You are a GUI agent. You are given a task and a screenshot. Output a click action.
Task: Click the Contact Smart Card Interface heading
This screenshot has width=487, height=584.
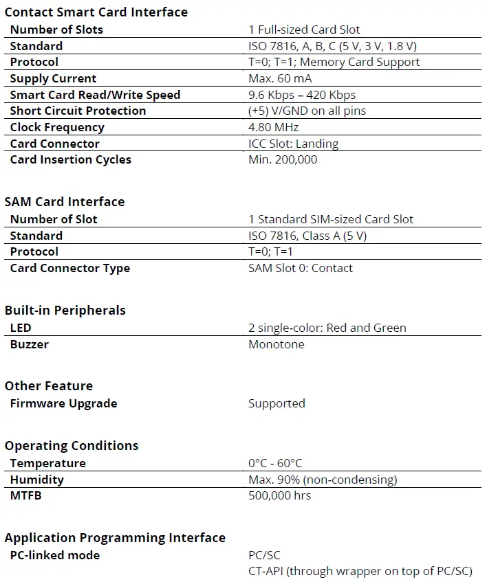click(x=96, y=12)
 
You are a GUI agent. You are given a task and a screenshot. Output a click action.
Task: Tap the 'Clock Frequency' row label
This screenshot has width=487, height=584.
click(x=57, y=127)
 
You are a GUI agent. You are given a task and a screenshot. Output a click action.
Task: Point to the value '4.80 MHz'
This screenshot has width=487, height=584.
click(x=274, y=127)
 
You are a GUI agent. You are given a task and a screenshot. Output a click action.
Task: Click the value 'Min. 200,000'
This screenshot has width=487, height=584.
click(x=283, y=159)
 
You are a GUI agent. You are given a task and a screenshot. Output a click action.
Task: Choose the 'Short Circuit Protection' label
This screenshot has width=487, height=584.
click(x=78, y=111)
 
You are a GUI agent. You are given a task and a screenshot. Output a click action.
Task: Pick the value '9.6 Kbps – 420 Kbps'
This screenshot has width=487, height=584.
click(x=302, y=95)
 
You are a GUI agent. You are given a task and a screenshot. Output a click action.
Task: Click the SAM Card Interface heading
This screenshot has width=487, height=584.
click(x=65, y=201)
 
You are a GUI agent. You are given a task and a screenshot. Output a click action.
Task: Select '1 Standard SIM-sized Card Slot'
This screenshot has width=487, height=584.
click(x=331, y=219)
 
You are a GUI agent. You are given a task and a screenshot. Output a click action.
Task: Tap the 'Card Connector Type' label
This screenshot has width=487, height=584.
click(x=69, y=268)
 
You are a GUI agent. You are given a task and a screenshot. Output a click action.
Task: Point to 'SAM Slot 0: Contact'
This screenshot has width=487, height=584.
click(x=301, y=268)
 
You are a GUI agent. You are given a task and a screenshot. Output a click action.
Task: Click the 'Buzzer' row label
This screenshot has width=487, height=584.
click(x=29, y=344)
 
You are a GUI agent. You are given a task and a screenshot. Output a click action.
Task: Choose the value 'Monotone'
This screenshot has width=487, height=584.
click(x=276, y=344)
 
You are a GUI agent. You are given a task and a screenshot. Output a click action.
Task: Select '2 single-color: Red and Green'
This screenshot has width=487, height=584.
click(x=327, y=328)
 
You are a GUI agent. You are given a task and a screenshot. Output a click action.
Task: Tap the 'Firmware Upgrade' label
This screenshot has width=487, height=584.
click(x=63, y=403)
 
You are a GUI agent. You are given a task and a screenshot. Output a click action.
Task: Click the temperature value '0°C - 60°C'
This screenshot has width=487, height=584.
click(x=275, y=463)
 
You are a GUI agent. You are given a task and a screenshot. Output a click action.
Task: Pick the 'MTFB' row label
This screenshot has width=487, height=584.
click(x=25, y=495)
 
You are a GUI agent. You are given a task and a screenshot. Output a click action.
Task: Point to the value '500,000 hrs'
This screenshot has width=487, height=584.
click(x=279, y=495)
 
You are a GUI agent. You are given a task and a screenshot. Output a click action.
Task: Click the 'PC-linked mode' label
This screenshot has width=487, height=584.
click(x=55, y=555)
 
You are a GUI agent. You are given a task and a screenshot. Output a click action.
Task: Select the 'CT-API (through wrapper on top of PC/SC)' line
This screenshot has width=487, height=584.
click(x=360, y=571)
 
